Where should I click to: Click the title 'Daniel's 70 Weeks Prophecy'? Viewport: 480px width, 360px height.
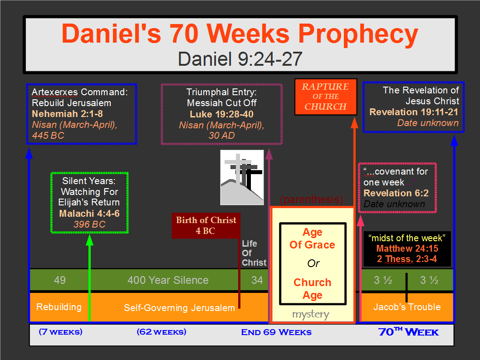[x=240, y=34]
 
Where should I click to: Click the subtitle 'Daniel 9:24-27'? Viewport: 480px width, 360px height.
[x=240, y=59]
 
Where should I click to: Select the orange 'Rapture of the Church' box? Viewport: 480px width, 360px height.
[x=326, y=97]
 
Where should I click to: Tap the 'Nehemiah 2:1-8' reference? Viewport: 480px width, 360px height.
[x=67, y=114]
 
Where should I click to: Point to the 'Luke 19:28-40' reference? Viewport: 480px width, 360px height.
[x=222, y=114]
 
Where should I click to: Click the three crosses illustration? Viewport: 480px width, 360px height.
[x=242, y=177]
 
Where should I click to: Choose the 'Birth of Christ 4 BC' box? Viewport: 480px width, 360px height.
[x=206, y=225]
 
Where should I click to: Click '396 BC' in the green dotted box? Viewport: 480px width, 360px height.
[x=89, y=224]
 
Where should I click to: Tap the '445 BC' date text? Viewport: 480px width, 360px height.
[x=48, y=136]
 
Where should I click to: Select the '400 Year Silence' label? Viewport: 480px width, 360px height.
[x=168, y=280]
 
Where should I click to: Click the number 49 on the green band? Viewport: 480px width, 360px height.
[x=60, y=280]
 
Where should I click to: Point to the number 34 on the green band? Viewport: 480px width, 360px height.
[x=257, y=280]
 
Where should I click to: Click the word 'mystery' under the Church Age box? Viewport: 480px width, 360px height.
[x=311, y=314]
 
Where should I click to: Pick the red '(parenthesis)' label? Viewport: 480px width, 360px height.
[x=312, y=199]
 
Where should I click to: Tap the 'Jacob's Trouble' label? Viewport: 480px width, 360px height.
[x=407, y=307]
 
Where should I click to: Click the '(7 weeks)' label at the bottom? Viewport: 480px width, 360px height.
[x=61, y=332]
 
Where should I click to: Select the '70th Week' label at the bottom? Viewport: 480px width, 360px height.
[x=408, y=332]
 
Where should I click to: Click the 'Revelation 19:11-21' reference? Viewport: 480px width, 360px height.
[x=414, y=112]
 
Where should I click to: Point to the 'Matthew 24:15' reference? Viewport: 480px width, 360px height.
[x=407, y=248]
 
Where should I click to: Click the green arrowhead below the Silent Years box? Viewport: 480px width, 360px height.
[x=89, y=240]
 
